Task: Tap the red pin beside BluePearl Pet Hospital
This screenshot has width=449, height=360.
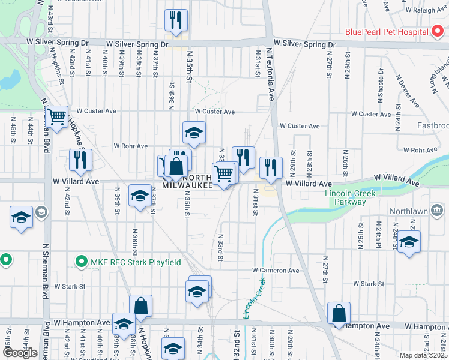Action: click(x=439, y=32)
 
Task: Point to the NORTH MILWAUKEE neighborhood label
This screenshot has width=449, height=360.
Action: click(x=188, y=182)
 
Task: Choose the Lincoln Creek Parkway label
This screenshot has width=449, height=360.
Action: click(x=350, y=197)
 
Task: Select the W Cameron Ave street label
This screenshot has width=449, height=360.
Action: click(x=276, y=271)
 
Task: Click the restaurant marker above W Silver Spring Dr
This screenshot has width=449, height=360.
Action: click(x=176, y=20)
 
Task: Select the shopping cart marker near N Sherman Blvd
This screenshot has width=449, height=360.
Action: click(x=57, y=117)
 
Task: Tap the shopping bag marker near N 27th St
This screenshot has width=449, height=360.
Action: click(x=339, y=313)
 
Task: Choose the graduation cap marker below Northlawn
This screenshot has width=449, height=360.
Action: click(x=409, y=242)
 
